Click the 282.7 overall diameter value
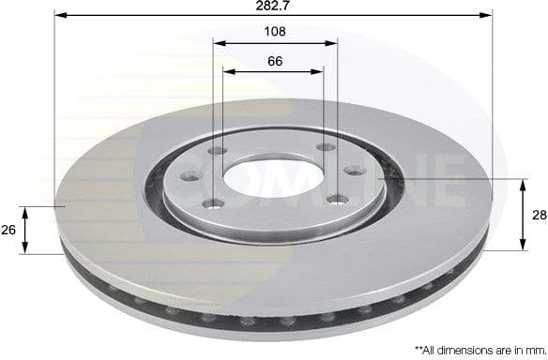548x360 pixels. pyautogui.click(x=274, y=7)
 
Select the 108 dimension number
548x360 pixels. pyautogui.click(x=274, y=32)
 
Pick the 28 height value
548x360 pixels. pyautogui.click(x=539, y=215)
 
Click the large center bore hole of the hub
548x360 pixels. pyautogui.click(x=272, y=179)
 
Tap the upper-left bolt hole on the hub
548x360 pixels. pyautogui.click(x=216, y=150)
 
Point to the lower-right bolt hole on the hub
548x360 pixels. pyautogui.click(x=333, y=198)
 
